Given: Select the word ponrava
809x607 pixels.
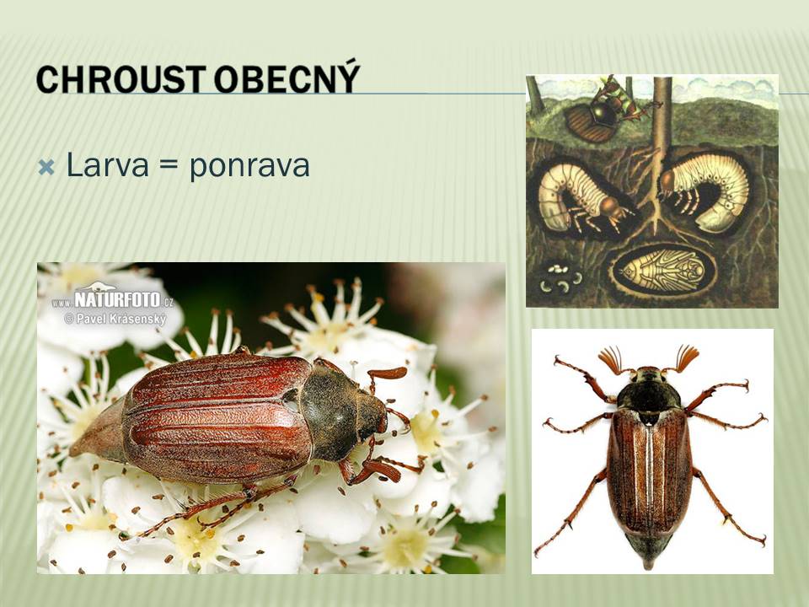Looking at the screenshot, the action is point(249,167).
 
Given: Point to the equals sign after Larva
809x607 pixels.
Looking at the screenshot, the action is point(169,166).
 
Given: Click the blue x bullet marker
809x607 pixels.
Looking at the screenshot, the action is point(46,167).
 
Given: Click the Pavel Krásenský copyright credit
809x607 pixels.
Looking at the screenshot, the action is point(115,319).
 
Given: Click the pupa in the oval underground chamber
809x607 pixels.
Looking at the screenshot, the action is point(663,270).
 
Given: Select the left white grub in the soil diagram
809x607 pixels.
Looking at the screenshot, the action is point(578,197).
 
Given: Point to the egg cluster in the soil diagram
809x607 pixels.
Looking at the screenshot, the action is point(560,278).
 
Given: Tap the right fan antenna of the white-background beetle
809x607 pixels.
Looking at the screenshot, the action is point(686,357).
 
